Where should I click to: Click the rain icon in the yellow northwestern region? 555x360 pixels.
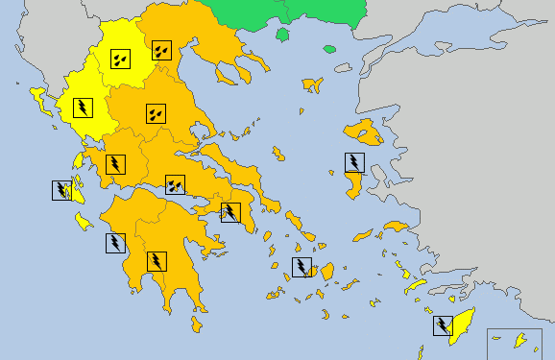pos(120,60)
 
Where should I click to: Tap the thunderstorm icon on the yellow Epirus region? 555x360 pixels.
pos(84,106)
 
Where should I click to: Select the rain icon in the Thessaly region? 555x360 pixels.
pos(155,113)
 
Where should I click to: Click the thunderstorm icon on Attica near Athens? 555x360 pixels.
pos(230,212)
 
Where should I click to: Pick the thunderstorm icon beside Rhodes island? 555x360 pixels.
pos(444,326)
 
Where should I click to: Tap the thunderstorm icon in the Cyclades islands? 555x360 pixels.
pos(302,267)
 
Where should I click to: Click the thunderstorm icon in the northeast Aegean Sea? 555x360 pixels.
pos(355,162)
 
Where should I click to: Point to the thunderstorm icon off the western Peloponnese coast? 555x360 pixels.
pos(115,242)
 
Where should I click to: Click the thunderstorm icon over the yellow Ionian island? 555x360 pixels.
pos(63,190)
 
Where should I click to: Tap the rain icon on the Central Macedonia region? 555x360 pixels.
pos(160,48)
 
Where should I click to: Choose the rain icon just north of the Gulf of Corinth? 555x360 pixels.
pos(175,184)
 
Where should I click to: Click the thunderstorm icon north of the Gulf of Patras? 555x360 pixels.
pos(115,164)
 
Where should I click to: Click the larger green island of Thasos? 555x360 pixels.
pos(283,36)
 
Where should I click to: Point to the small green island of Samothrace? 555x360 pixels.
pos(329,49)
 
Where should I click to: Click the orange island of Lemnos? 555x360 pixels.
pos(311,84)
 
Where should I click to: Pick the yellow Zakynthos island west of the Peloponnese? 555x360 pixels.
pos(84,223)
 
